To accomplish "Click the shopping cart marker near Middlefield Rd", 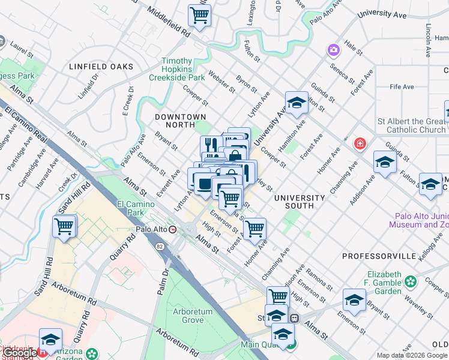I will coord(199,15).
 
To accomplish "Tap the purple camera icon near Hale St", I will coord(333,50).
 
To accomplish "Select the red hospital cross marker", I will coord(360,143).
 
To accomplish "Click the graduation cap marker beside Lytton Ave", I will coord(297,104).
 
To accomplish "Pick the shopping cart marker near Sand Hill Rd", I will coord(64,227).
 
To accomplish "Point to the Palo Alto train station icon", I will coord(173,229).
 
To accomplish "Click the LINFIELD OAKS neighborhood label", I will coord(101,67).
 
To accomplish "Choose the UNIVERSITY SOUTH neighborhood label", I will coord(300,202).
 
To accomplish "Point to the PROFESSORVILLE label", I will coord(379,256).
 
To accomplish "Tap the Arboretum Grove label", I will coord(193,316).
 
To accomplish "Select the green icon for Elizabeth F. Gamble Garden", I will coord(411,281).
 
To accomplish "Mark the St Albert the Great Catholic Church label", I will coord(412,125).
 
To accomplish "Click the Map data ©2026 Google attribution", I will coord(412,355).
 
